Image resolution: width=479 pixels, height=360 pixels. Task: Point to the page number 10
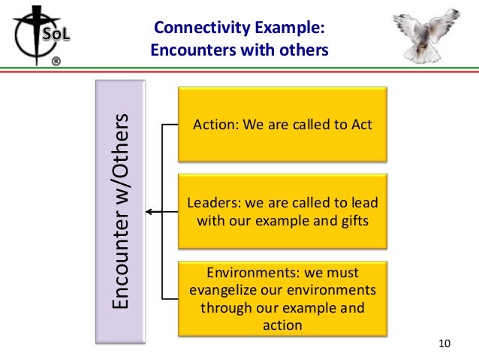444,343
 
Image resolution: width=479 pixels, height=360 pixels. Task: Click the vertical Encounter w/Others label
121,212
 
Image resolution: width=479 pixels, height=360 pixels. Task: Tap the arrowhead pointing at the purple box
149,212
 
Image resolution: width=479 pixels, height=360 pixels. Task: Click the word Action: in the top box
214,124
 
